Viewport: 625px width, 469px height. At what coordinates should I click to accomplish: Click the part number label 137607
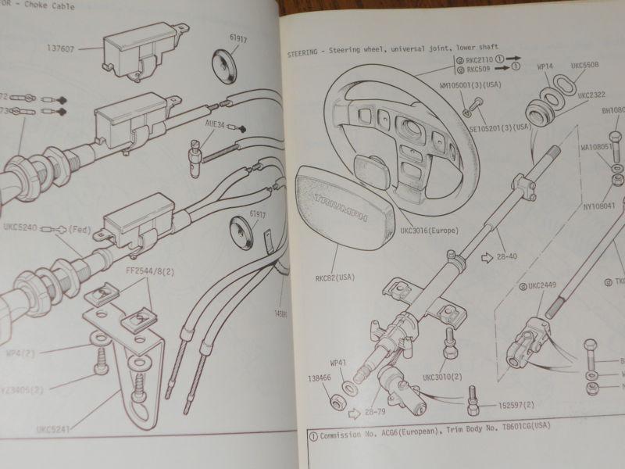(x=59, y=47)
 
